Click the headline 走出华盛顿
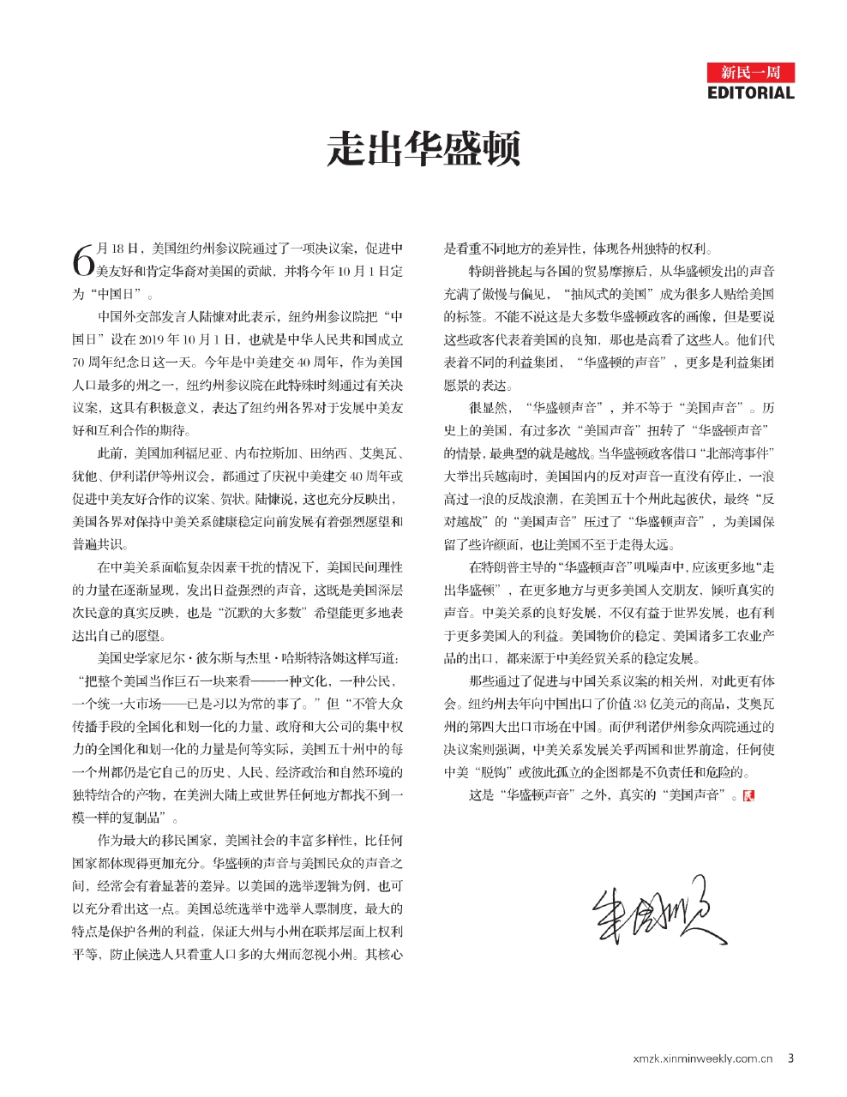pos(423,148)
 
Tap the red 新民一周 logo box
pos(751,72)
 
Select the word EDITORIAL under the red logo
pos(751,93)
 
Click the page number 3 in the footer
pos(790,1058)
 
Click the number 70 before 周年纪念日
pos(80,362)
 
